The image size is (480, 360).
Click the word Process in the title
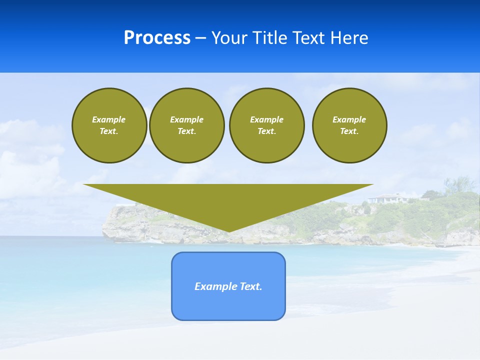tap(157, 38)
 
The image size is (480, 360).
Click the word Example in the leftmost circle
tap(109, 119)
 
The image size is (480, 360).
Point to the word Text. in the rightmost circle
tap(349, 131)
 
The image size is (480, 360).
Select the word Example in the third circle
tap(266, 119)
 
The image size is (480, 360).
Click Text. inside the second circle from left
tap(186, 131)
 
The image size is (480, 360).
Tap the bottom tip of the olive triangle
tap(228, 230)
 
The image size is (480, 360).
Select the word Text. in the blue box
tap(251, 286)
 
